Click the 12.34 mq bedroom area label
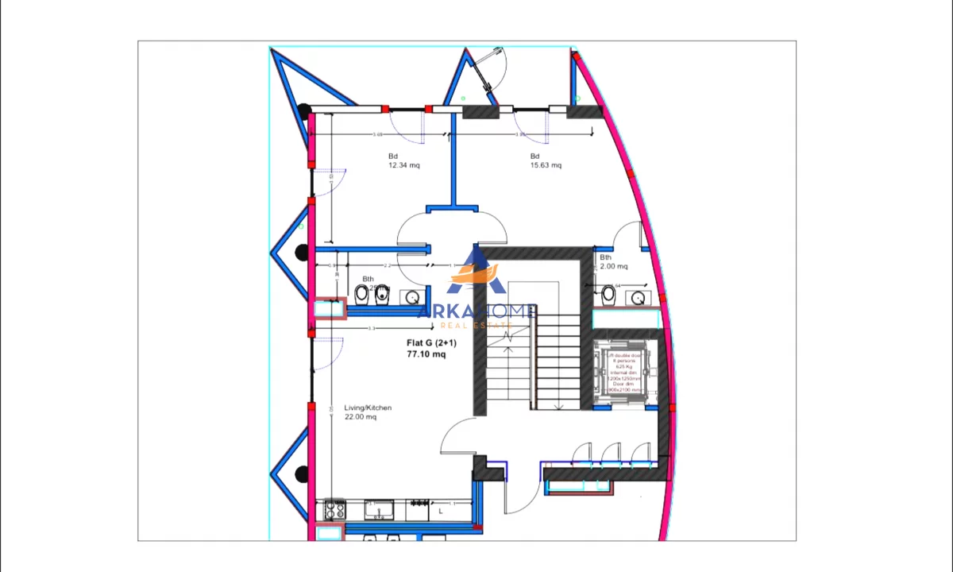click(403, 165)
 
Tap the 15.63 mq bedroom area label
click(546, 165)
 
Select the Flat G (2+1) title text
click(431, 343)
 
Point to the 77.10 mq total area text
click(426, 354)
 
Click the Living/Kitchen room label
click(368, 408)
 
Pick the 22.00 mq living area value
click(360, 417)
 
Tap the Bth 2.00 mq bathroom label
click(613, 262)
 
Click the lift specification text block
click(625, 373)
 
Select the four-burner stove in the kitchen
click(334, 509)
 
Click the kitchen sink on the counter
click(380, 509)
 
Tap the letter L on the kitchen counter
click(441, 512)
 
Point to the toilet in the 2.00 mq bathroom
click(608, 295)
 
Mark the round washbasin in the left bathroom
click(411, 298)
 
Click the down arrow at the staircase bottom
click(558, 407)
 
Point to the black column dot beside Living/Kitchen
click(301, 474)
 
